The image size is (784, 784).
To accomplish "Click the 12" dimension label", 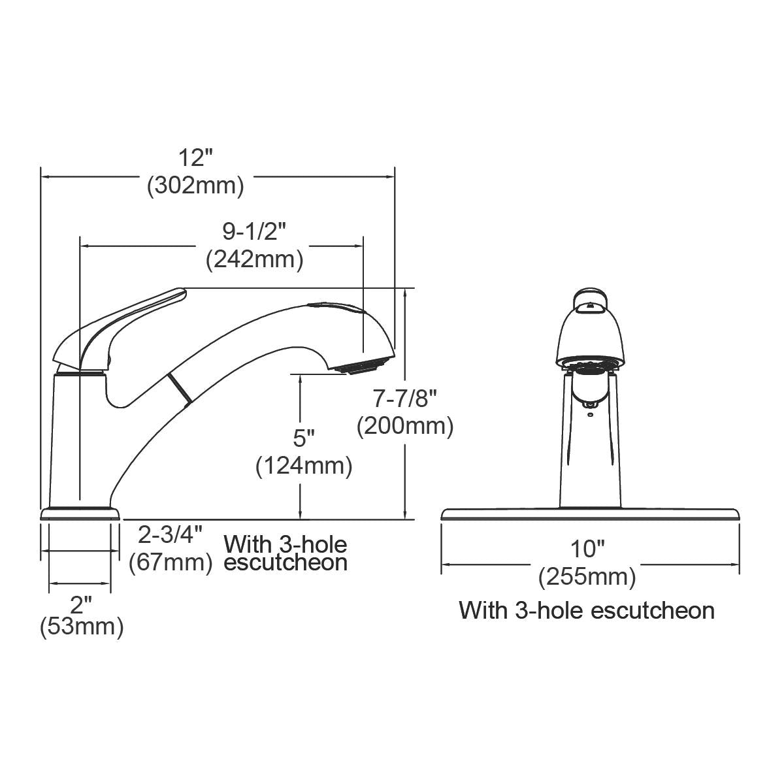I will pyautogui.click(x=196, y=159).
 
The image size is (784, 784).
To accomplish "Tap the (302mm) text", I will pyautogui.click(x=196, y=186).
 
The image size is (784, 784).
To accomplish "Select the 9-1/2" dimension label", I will pyautogui.click(x=255, y=232).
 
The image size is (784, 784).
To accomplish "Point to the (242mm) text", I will pyautogui.click(x=255, y=260).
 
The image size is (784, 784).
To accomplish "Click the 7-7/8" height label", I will pyautogui.click(x=405, y=398).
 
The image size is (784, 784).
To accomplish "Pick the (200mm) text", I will pyautogui.click(x=405, y=427).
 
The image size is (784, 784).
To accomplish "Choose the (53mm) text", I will pyautogui.click(x=82, y=628).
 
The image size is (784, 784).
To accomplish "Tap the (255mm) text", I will pyautogui.click(x=587, y=577).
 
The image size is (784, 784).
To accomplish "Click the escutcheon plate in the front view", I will pyautogui.click(x=591, y=514).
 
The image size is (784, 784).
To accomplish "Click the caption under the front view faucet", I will pyautogui.click(x=587, y=610).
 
